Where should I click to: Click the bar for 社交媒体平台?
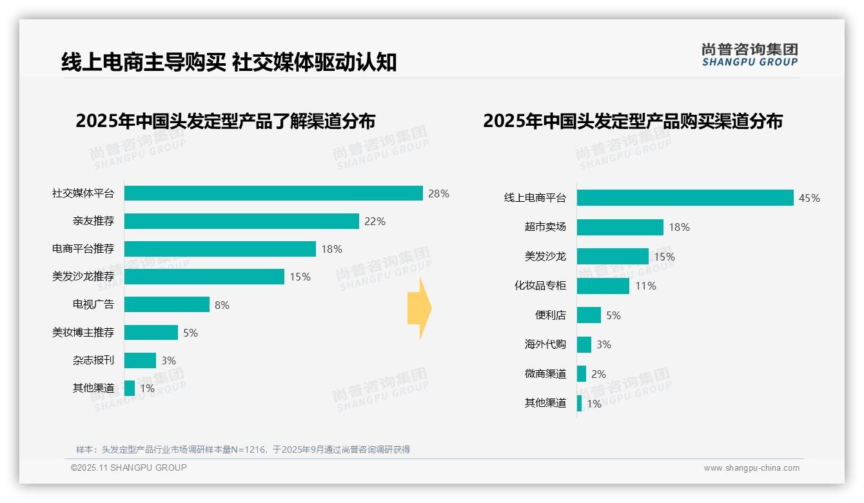[x=273, y=193]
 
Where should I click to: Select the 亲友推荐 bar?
[x=241, y=221]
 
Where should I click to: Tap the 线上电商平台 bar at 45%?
[x=685, y=198]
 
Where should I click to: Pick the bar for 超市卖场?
[x=620, y=227]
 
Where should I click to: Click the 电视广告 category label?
[x=93, y=304]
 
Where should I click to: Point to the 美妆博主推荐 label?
[x=83, y=333]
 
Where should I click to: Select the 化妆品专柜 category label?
[x=540, y=286]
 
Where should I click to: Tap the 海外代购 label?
[x=545, y=344]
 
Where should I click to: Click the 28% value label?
[x=438, y=193]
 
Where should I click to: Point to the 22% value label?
[x=375, y=221]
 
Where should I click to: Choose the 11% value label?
[x=645, y=286]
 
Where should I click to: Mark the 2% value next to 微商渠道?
[x=598, y=374]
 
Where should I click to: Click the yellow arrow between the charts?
[x=419, y=309]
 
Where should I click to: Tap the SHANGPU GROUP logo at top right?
[x=750, y=55]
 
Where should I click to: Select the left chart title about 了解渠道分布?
[x=225, y=121]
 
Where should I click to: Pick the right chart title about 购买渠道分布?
[x=633, y=121]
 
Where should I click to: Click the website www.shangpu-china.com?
[x=751, y=468]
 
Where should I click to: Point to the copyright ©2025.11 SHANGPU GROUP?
[x=129, y=468]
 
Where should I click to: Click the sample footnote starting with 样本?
[x=243, y=449]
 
